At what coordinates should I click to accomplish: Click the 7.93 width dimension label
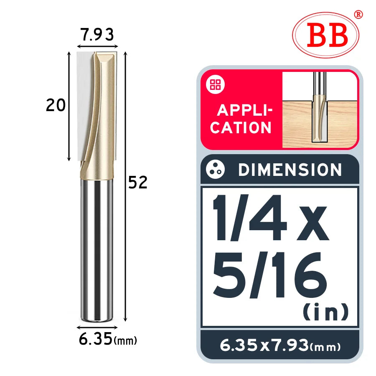point(97,35)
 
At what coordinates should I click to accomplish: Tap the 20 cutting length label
point(56,105)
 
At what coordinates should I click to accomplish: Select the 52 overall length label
point(137,182)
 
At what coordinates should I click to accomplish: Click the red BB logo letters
point(327,35)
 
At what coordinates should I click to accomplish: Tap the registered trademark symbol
point(358,14)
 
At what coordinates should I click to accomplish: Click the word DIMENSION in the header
point(290,170)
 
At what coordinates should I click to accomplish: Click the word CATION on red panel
point(241,127)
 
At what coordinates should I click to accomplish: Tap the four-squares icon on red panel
point(215,85)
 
